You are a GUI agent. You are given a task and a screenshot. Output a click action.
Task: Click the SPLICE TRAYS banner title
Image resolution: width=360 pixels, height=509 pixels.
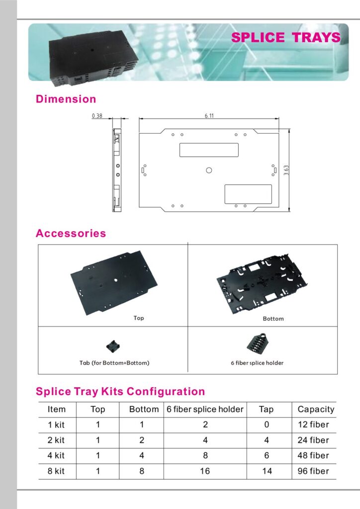click(286, 38)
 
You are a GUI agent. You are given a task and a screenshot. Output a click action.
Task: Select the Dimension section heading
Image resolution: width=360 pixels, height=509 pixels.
click(66, 99)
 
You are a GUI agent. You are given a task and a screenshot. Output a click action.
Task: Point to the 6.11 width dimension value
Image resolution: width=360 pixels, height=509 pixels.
click(209, 115)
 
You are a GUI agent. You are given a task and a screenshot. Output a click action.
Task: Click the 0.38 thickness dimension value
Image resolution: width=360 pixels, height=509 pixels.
click(97, 116)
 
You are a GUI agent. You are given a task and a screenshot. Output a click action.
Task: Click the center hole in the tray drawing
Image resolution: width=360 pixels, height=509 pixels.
click(209, 170)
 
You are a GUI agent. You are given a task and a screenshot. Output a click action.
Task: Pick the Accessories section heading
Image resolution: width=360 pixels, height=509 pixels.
click(71, 233)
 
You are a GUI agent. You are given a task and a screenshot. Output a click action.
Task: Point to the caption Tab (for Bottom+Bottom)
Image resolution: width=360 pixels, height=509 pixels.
click(114, 363)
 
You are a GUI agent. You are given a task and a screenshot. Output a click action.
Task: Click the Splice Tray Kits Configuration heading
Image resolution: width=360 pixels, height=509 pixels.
click(120, 391)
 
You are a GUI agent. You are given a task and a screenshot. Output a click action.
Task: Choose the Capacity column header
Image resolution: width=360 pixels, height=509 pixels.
click(316, 410)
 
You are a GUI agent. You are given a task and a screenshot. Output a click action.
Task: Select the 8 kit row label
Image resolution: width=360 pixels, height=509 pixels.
click(56, 471)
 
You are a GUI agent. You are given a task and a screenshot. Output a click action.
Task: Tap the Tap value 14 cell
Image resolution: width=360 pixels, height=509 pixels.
click(267, 471)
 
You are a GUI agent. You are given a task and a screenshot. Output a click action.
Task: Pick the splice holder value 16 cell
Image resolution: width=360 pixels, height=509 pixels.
click(205, 471)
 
